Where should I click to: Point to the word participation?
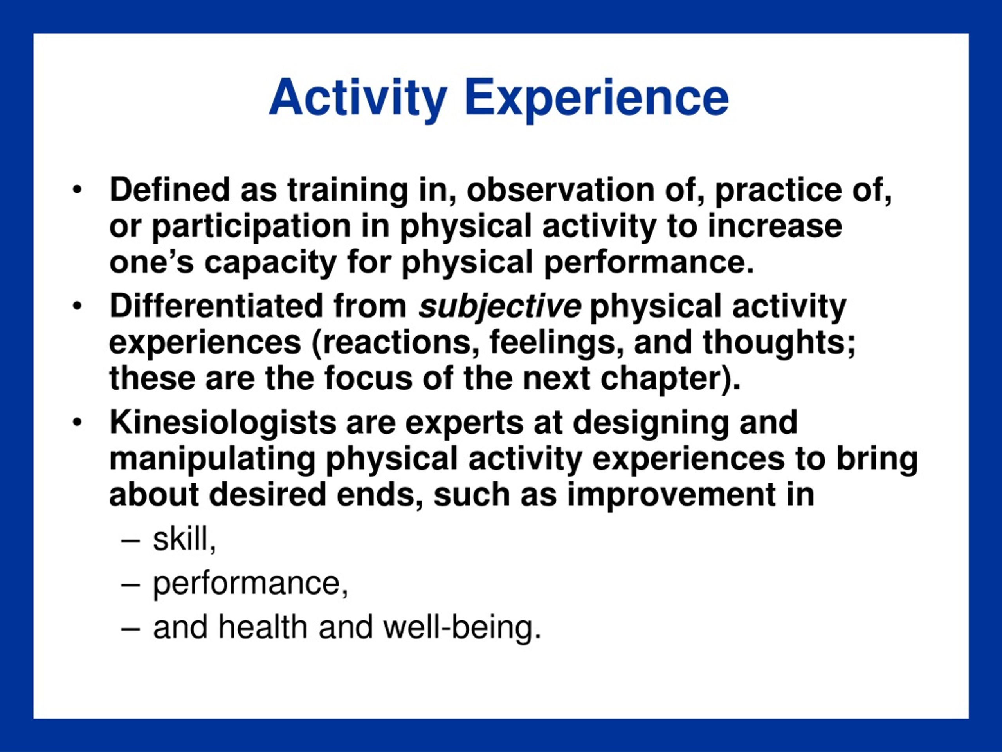pyautogui.click(x=251, y=227)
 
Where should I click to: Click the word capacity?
pyautogui.click(x=270, y=263)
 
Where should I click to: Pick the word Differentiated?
pyautogui.click(x=216, y=306)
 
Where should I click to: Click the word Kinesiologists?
pyautogui.click(x=223, y=423)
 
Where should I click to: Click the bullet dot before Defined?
pyautogui.click(x=77, y=190)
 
